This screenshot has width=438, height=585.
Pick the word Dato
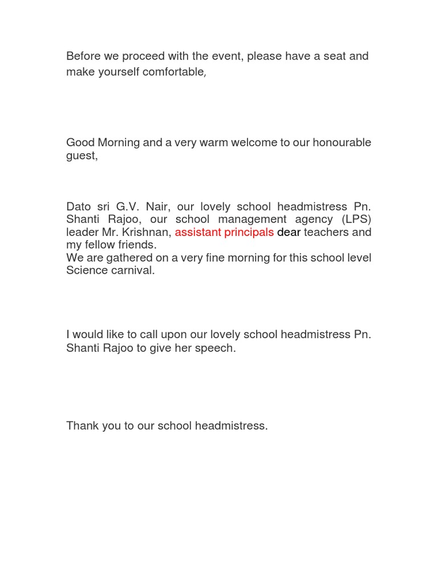(79, 206)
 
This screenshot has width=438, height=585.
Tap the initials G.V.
(131, 206)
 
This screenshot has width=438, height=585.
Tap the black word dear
(289, 232)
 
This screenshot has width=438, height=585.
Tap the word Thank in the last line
(82, 426)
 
